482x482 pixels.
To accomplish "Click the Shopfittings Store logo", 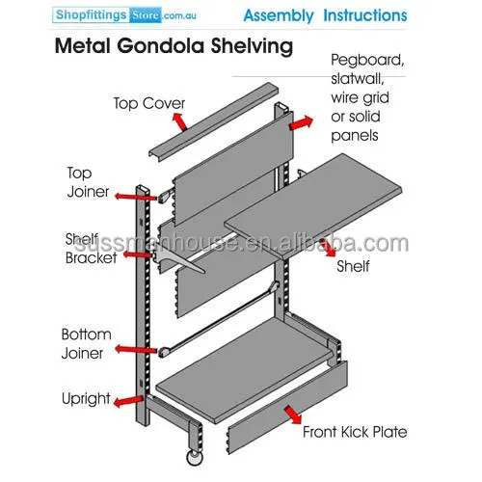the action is click(124, 15).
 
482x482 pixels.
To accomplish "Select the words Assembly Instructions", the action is click(325, 15).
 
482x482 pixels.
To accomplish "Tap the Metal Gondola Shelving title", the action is click(174, 46).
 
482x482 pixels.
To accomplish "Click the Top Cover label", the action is click(149, 103).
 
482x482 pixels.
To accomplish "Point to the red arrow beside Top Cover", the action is click(179, 121).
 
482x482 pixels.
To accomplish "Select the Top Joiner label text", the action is click(88, 182).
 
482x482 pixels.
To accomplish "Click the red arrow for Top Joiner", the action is click(136, 197).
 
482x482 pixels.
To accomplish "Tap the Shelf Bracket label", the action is click(91, 249).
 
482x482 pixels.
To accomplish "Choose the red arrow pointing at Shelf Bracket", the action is click(137, 255).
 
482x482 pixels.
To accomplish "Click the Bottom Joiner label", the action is click(86, 344).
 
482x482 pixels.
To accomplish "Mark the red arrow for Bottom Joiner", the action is click(136, 350).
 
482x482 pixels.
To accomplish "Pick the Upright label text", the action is click(86, 399).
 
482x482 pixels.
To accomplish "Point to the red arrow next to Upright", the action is click(128, 401).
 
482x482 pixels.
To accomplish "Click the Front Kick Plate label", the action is click(355, 432).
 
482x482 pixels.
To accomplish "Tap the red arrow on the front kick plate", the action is click(293, 415).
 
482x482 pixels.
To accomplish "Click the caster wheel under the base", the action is click(195, 458).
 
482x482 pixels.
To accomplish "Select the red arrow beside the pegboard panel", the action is click(301, 123).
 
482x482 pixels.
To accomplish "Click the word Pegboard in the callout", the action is click(367, 60).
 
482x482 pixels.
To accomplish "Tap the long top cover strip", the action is click(213, 122).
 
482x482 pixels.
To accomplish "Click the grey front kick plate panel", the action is click(288, 408).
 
